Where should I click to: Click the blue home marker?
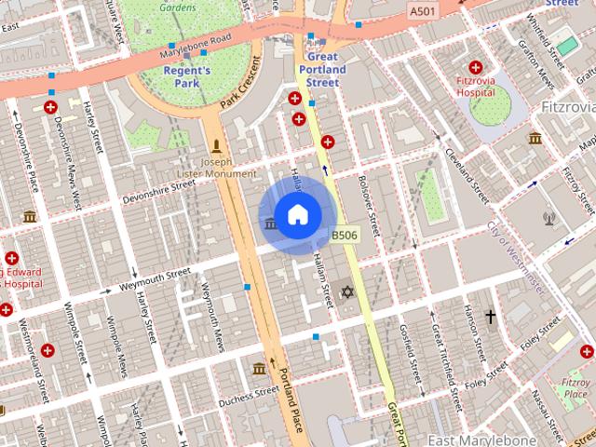point(296,215)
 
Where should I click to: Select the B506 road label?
point(345,236)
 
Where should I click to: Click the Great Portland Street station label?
point(324,70)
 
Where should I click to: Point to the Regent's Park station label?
point(187,77)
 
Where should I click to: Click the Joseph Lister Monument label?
point(216,167)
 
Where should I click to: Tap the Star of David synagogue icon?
point(348,293)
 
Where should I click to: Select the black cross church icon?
point(491,318)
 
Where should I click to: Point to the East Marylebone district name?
point(481,439)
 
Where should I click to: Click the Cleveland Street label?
point(466,175)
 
